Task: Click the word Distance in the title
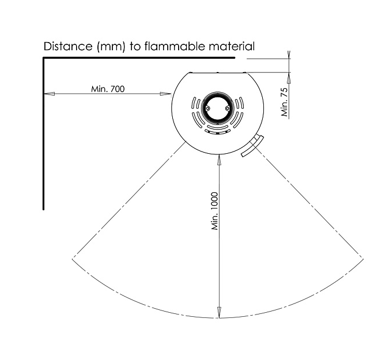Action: pyautogui.click(x=68, y=46)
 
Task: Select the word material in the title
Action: pyautogui.click(x=232, y=46)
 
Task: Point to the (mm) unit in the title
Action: pyautogui.click(x=111, y=47)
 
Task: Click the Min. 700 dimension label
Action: pyautogui.click(x=108, y=89)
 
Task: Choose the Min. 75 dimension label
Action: pyautogui.click(x=285, y=102)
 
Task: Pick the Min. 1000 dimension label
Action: pyautogui.click(x=214, y=211)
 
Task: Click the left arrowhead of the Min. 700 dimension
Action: pyautogui.click(x=49, y=94)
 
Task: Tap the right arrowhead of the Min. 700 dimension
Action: pyautogui.click(x=165, y=94)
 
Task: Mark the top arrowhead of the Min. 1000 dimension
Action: pyautogui.click(x=219, y=160)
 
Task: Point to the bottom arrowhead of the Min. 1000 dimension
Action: pyautogui.click(x=219, y=313)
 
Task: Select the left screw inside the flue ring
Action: pyautogui.click(x=207, y=108)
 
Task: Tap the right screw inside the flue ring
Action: pyautogui.click(x=227, y=108)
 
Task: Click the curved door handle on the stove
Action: pyautogui.click(x=252, y=146)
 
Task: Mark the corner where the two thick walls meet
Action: pyautogui.click(x=44, y=58)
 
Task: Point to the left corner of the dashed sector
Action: pyautogui.click(x=73, y=259)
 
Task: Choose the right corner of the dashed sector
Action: pyautogui.click(x=363, y=259)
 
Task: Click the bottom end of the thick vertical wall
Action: pyautogui.click(x=43, y=210)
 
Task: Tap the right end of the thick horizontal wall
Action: pyautogui.click(x=235, y=58)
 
